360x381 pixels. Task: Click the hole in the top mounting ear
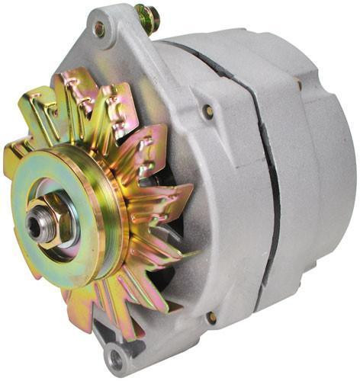tap(99, 30)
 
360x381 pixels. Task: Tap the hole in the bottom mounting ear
tap(116, 357)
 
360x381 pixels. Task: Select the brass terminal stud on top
tap(146, 17)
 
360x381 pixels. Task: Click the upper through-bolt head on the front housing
tap(207, 111)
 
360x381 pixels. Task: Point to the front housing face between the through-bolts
tap(221, 213)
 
